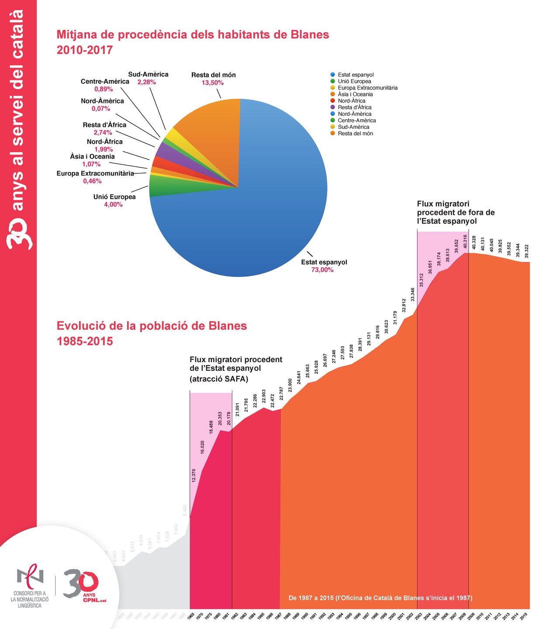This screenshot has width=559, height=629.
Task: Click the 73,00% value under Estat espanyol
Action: coord(322,270)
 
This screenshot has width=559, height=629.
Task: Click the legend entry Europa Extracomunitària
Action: coord(367,88)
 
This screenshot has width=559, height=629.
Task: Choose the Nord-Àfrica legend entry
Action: coord(351,101)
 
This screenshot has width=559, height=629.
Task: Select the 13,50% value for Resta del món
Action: coord(213,83)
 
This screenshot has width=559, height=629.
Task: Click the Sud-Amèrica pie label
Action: coord(148,75)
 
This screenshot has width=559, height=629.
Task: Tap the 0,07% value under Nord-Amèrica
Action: coord(101,109)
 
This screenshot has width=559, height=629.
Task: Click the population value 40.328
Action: coord(474,242)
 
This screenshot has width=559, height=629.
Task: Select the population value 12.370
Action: coord(194,475)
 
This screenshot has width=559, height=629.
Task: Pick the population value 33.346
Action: coord(413,295)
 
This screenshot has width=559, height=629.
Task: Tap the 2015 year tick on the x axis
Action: coord(524,616)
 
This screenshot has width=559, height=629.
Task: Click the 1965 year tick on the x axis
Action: coord(191,616)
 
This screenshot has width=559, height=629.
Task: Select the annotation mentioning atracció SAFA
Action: coord(236,369)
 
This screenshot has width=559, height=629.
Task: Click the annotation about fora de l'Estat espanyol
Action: coord(455,213)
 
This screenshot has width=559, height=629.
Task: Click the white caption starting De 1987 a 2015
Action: coord(380,598)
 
